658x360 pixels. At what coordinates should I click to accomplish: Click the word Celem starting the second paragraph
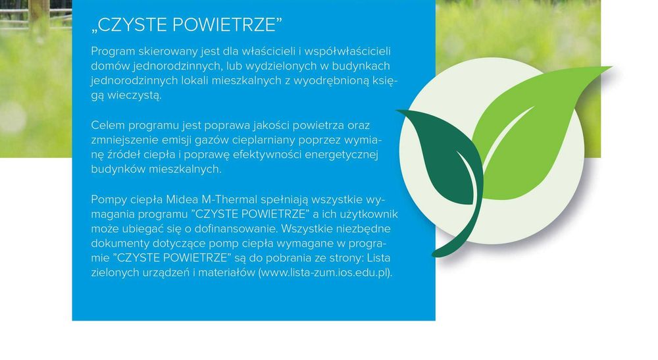pyautogui.click(x=107, y=125)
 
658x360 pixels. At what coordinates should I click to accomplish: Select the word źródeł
pyautogui.click(x=127, y=155)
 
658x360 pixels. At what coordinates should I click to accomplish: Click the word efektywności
pyautogui.click(x=255, y=155)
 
